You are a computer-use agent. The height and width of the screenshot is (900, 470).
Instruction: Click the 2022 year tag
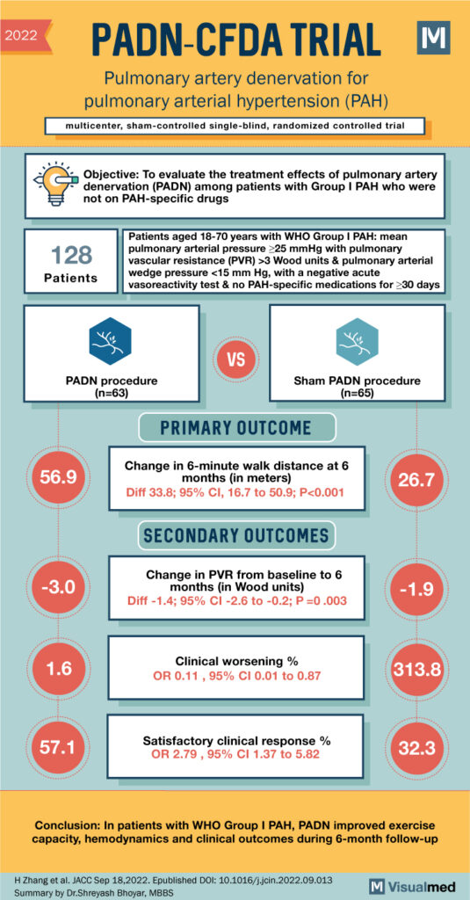point(25,35)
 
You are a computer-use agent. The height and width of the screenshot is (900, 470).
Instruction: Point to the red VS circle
point(235,360)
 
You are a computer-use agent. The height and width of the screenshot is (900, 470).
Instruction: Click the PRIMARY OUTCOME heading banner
point(235,428)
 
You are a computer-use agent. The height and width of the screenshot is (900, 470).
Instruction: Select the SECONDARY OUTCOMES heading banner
point(235,534)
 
